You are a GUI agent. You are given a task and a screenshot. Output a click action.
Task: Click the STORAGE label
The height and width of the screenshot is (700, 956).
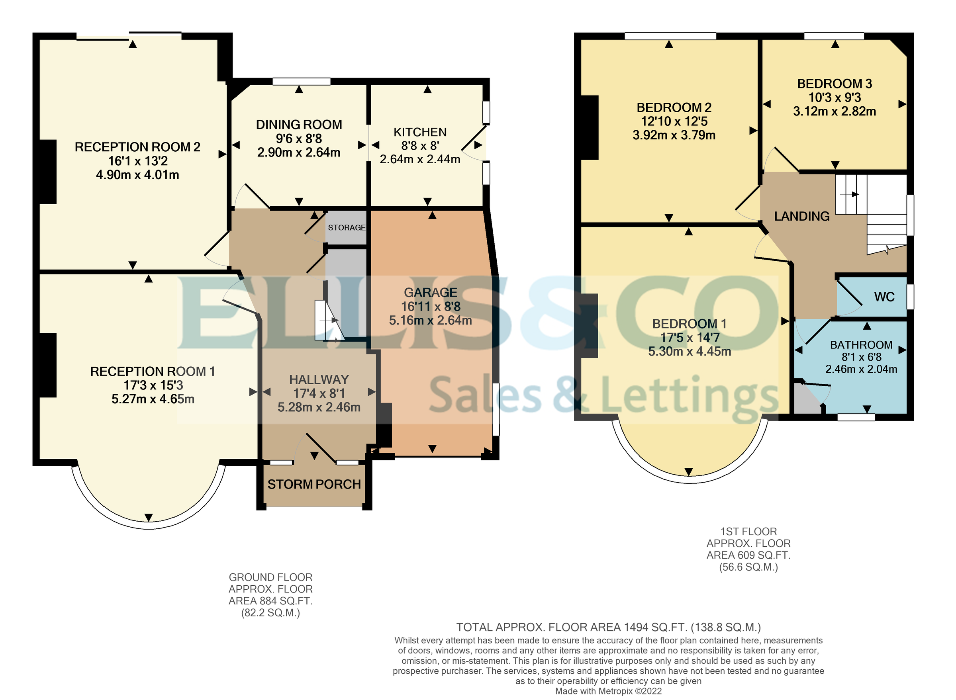pos(347,227)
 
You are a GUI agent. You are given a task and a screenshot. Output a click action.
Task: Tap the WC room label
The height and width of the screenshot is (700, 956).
pos(884,297)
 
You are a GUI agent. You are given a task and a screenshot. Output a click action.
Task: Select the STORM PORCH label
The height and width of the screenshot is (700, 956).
pos(314,484)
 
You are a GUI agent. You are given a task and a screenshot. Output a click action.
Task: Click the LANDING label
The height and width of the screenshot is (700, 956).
pos(801,217)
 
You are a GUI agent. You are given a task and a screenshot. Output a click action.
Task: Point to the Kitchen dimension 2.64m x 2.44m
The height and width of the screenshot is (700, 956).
pos(420,159)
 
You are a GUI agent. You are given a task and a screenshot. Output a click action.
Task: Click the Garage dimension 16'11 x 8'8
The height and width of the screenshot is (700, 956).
pos(430,306)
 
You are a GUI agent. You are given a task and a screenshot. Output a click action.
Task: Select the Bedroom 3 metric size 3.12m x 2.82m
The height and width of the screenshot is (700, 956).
pos(835,111)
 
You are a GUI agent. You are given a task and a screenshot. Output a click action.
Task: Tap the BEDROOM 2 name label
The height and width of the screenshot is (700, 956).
pos(674,108)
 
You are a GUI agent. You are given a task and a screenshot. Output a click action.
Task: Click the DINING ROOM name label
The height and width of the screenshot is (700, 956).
pos(299,125)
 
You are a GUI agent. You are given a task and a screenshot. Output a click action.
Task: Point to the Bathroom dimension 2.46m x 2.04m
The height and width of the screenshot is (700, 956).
pos(861,369)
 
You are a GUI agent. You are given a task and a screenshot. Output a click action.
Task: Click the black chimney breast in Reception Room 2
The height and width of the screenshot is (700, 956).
pos(48,172)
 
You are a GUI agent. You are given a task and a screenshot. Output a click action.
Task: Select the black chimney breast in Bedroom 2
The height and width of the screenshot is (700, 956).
pos(589,127)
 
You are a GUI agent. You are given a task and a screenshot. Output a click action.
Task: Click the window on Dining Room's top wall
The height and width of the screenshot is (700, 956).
pos(301,81)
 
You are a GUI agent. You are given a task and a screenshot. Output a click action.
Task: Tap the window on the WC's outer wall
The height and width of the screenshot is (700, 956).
pos(910,297)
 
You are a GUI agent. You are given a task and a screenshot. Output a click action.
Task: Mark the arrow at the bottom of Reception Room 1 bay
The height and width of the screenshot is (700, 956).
pos(149,517)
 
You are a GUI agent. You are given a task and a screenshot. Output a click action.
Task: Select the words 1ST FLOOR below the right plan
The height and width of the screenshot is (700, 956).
pos(748,531)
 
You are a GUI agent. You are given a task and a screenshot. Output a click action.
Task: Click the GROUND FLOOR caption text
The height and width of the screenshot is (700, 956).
pos(270,577)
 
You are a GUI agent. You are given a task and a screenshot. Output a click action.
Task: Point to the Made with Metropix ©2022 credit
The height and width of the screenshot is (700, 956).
pos(608,691)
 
